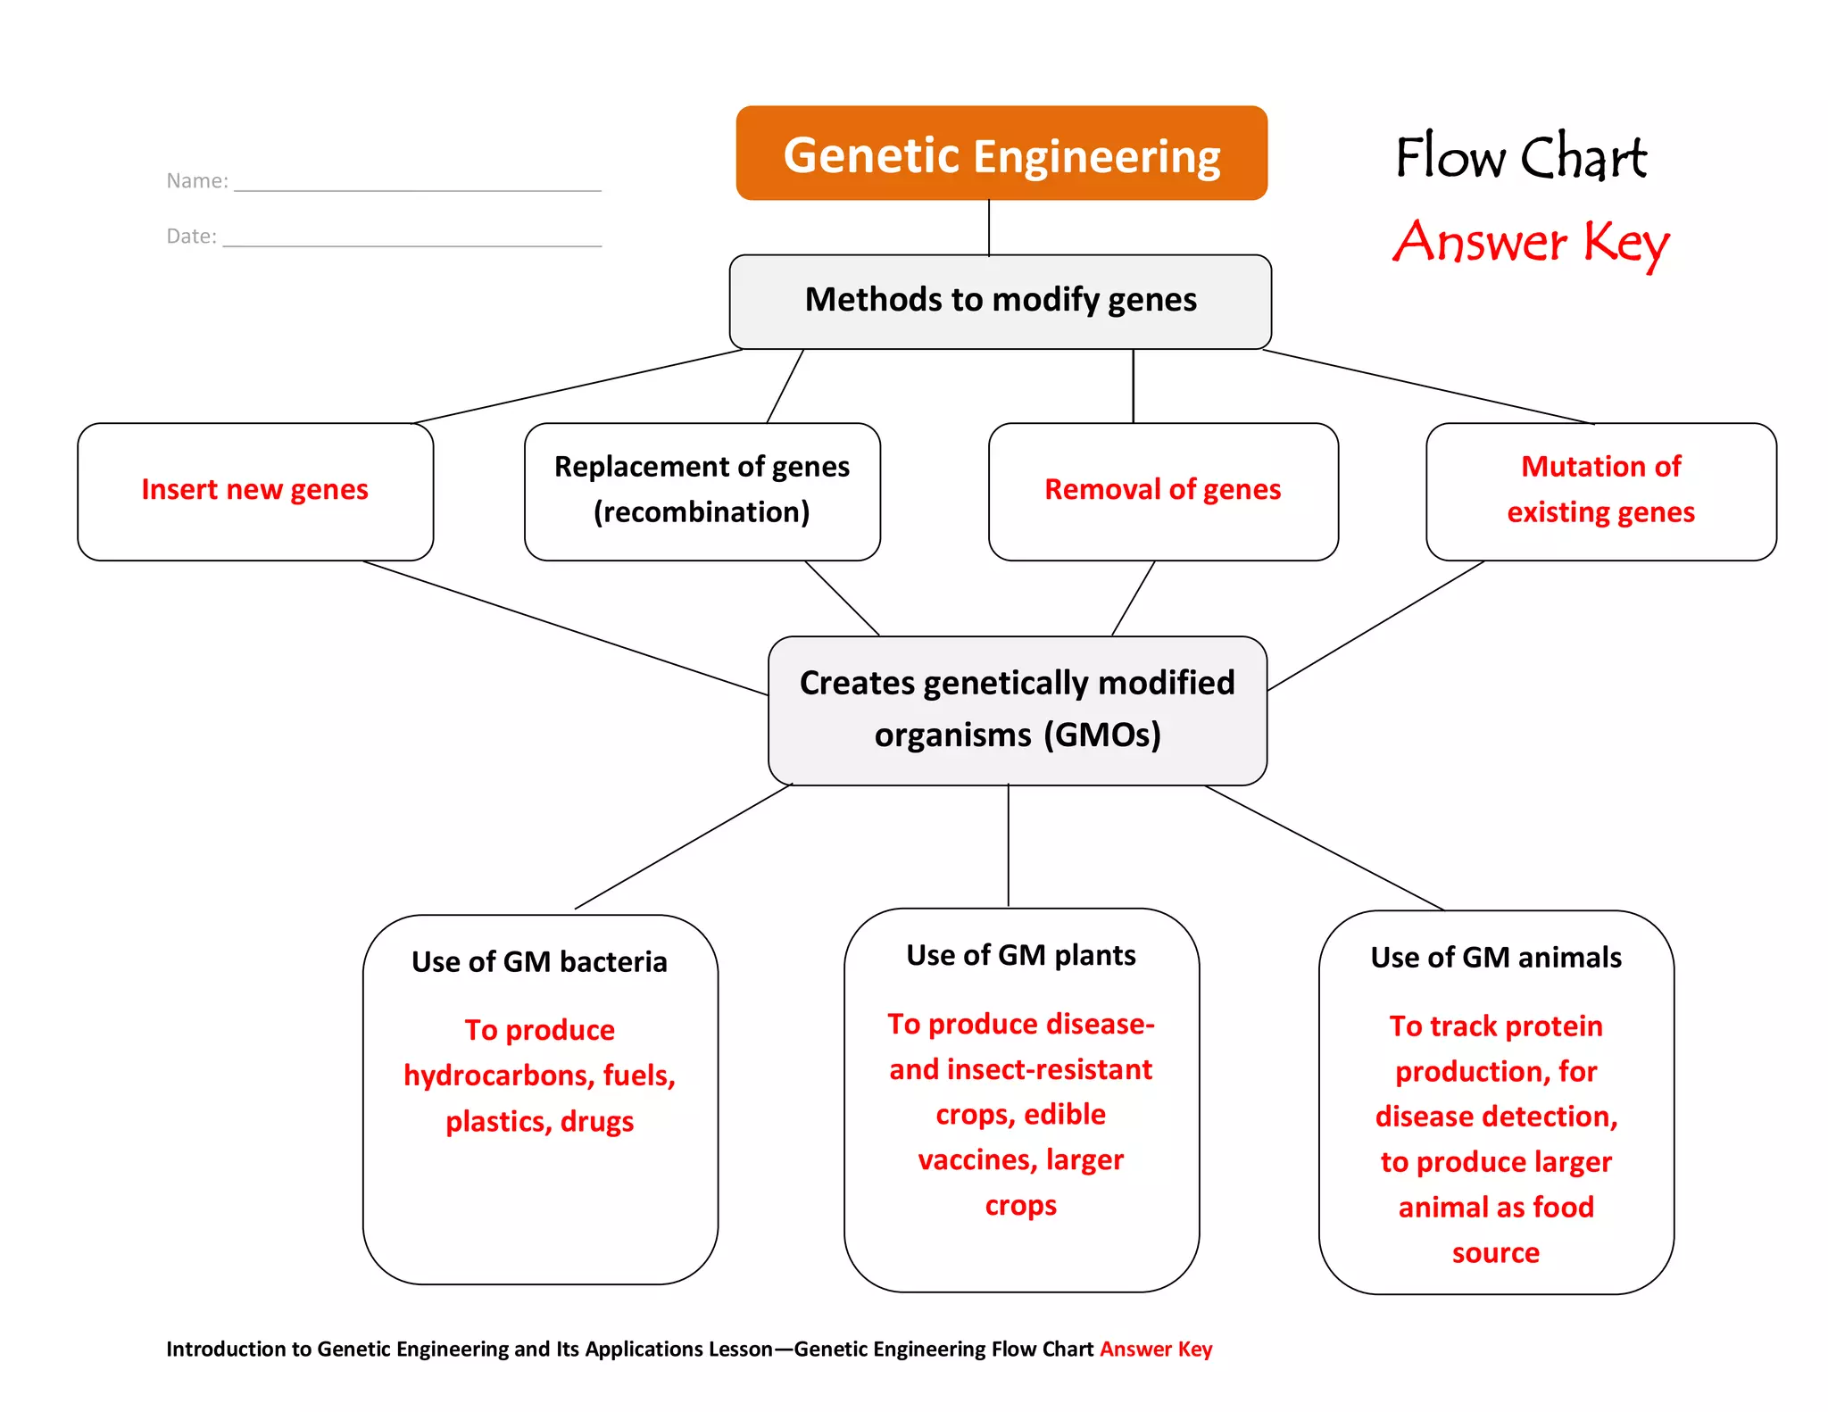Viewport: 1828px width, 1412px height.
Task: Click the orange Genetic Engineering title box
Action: [x=1001, y=154]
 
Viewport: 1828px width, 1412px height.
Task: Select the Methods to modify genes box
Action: [x=1000, y=301]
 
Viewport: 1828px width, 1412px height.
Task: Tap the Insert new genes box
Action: [x=255, y=491]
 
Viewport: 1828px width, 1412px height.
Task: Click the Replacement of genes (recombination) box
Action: [x=702, y=491]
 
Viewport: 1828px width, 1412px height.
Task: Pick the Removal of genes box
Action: [x=1162, y=491]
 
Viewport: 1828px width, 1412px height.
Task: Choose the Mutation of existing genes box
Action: [x=1600, y=491]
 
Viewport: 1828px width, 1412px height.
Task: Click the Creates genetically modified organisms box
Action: [x=1017, y=710]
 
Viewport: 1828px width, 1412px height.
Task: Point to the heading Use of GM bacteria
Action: [x=539, y=962]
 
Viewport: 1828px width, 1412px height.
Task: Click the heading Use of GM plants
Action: [x=1020, y=956]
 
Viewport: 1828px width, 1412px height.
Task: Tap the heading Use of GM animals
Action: [x=1495, y=958]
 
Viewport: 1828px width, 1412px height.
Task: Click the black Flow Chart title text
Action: [x=1521, y=158]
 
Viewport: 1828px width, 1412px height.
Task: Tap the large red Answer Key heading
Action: [x=1530, y=243]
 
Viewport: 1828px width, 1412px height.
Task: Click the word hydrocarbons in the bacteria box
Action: [x=497, y=1076]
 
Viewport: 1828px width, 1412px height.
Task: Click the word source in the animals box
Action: [x=1495, y=1253]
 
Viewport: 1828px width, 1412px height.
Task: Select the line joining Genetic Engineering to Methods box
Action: [x=989, y=228]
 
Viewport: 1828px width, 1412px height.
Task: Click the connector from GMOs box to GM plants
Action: [x=1009, y=846]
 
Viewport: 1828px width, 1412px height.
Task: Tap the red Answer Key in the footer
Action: [x=1155, y=1349]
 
